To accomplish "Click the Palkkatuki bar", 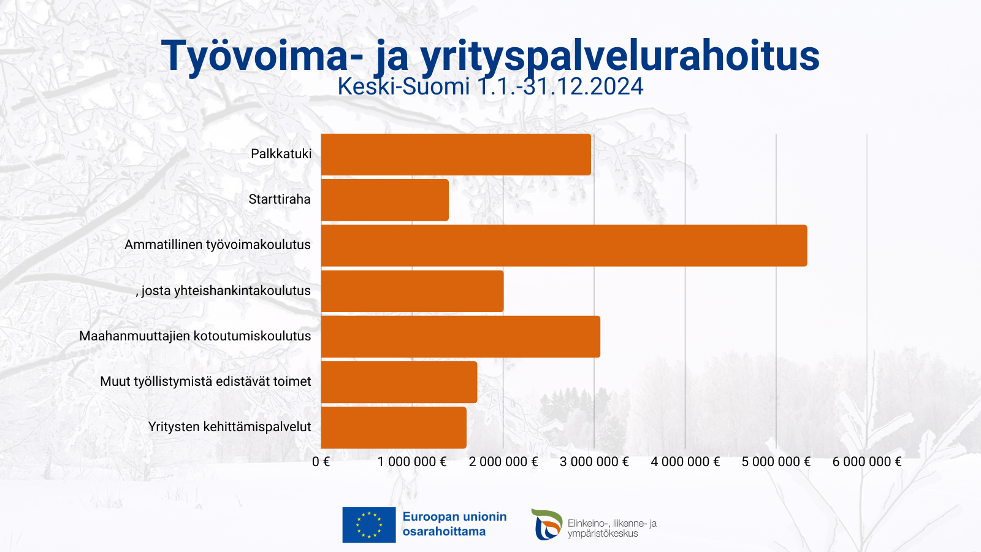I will [456, 155].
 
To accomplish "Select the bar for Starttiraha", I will [384, 200].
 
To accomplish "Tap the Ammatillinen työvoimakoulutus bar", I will [563, 245].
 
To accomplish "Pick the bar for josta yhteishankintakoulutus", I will [412, 291].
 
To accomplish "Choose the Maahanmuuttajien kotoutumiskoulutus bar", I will [460, 337].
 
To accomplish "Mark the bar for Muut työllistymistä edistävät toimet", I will [399, 382].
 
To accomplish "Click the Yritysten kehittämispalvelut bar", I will [393, 427].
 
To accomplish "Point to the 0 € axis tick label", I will [321, 462].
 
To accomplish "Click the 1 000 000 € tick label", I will [412, 462].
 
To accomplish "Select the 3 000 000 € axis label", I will [594, 462].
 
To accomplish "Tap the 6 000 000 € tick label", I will [867, 462].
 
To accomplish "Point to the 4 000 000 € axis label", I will [685, 462].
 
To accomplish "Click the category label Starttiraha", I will [280, 199].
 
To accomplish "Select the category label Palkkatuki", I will [281, 154].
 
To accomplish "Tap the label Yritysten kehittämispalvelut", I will [229, 427].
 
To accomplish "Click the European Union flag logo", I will [368, 525].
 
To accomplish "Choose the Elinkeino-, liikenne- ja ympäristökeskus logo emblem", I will [546, 524].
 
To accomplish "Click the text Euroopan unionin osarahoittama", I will [454, 524].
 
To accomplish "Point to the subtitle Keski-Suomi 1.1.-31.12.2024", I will [490, 86].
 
